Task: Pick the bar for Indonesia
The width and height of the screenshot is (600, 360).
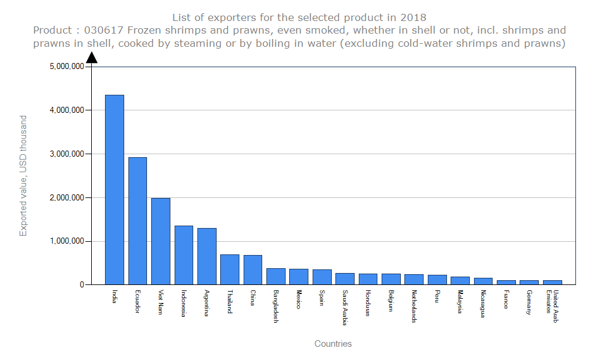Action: click(184, 255)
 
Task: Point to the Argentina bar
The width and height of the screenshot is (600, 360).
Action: click(207, 256)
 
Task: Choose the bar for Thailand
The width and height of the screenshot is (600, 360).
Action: click(230, 269)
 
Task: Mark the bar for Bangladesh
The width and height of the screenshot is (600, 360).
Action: click(276, 277)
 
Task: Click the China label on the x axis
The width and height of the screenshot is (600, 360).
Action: click(253, 298)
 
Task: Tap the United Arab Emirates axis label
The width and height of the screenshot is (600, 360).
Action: click(552, 306)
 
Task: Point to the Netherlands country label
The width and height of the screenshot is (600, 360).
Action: click(414, 307)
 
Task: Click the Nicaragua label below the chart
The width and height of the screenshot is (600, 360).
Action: click(483, 304)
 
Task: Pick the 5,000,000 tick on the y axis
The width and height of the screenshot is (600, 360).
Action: click(67, 67)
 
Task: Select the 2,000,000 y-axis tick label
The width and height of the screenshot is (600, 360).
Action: click(67, 197)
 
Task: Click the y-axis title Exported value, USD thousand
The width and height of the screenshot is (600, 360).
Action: click(23, 176)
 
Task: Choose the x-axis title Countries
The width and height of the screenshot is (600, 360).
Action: click(333, 344)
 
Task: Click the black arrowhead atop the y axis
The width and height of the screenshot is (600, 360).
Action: click(92, 57)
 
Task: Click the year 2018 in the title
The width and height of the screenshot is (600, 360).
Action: click(415, 17)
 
